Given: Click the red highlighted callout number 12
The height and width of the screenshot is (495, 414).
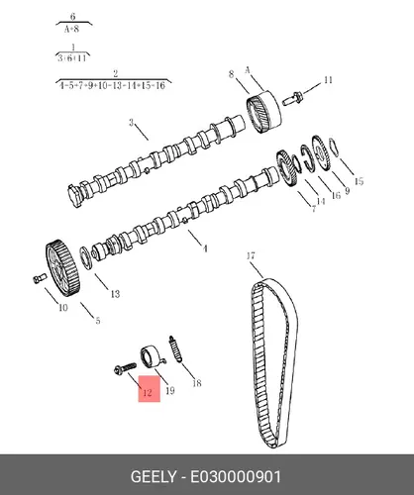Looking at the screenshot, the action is tap(148, 392).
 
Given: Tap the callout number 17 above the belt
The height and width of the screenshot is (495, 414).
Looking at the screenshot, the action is tap(251, 255).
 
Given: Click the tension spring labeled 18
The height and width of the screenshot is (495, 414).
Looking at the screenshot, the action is tap(175, 348).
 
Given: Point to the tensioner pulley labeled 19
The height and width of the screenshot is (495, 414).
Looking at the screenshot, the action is tap(153, 356).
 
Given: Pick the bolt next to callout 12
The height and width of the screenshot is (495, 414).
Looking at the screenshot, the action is tap(125, 368).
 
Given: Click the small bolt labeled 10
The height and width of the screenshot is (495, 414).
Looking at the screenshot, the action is tap(39, 278).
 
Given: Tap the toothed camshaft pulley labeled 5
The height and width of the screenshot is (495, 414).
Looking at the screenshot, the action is tap(62, 267).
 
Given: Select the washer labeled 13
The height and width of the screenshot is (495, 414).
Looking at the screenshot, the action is tap(85, 257).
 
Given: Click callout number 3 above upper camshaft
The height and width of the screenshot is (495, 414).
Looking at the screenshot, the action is tap(132, 123).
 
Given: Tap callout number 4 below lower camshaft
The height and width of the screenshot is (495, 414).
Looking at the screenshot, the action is tap(205, 248).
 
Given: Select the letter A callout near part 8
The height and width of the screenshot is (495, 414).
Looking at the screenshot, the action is tap(248, 70).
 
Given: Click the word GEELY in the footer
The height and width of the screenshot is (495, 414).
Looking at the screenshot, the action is tap(154, 477).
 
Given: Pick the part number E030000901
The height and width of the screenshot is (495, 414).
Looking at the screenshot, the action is tap(236, 477).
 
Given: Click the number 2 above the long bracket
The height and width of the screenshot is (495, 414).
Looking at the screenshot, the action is tap(115, 73).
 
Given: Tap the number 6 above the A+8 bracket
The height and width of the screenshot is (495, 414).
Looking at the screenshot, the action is tap(73, 16).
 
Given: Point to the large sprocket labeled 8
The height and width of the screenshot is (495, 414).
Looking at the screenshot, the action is tap(264, 112).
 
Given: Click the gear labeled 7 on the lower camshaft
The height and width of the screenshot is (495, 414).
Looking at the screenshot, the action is tap(286, 169).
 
